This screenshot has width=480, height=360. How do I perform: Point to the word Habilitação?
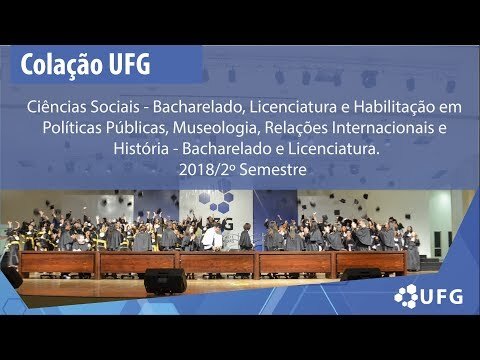click(x=394, y=107)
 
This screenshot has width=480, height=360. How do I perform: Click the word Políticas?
click(x=72, y=128)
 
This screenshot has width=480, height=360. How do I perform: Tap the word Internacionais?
click(x=384, y=128)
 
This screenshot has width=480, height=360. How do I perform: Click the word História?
click(x=141, y=149)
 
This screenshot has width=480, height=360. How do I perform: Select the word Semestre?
click(x=273, y=170)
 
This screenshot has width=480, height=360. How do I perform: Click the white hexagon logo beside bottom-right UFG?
click(x=406, y=296)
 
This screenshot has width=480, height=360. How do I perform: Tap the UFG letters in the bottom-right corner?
click(x=442, y=297)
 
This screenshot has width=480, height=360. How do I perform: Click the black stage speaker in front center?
click(x=165, y=281)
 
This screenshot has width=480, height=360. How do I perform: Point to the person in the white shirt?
click(x=211, y=238)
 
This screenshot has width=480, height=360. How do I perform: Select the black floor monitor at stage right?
click(x=361, y=274)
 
